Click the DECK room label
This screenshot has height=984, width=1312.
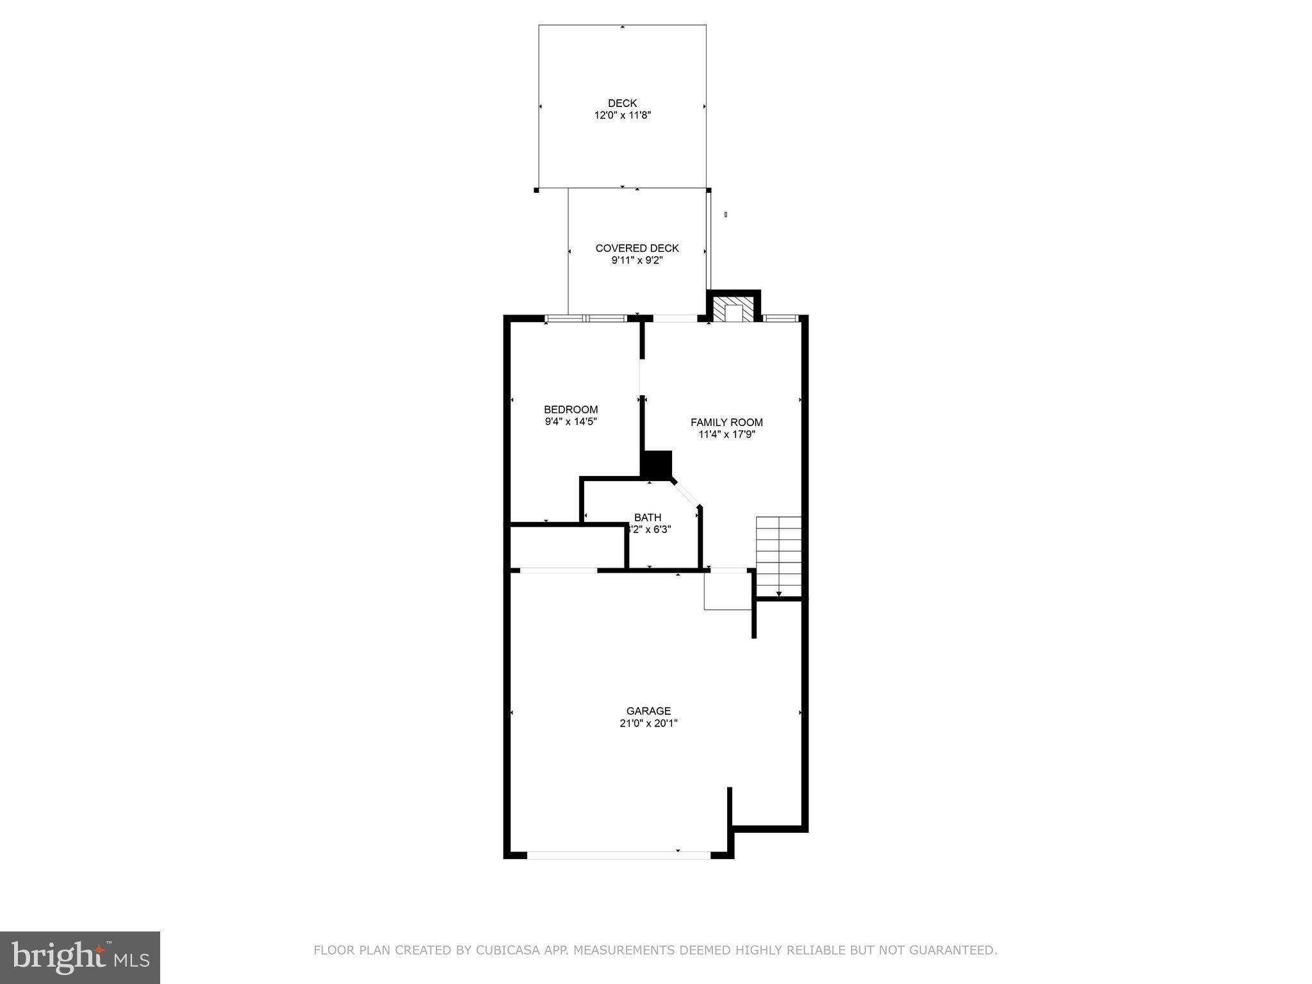pyautogui.click(x=622, y=103)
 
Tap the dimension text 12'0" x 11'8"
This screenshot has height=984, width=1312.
pyautogui.click(x=622, y=116)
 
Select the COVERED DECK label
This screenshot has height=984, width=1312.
pyautogui.click(x=637, y=249)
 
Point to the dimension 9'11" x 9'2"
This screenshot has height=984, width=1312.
pyautogui.click(x=637, y=261)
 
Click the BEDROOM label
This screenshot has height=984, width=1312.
pyautogui.click(x=571, y=410)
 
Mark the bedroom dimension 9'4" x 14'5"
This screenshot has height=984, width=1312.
pyautogui.click(x=571, y=422)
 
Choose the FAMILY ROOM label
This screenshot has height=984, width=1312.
pyautogui.click(x=726, y=423)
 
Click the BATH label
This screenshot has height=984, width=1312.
pyautogui.click(x=648, y=518)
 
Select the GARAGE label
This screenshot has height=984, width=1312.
pyautogui.click(x=648, y=711)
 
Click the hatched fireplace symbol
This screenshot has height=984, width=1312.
pyautogui.click(x=734, y=311)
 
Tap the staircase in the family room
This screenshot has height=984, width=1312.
pyautogui.click(x=778, y=555)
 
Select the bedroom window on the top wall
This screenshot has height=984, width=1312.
pyautogui.click(x=586, y=318)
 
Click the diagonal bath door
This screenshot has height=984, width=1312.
pyautogui.click(x=685, y=494)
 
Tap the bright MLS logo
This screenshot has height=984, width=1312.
pyautogui.click(x=80, y=956)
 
